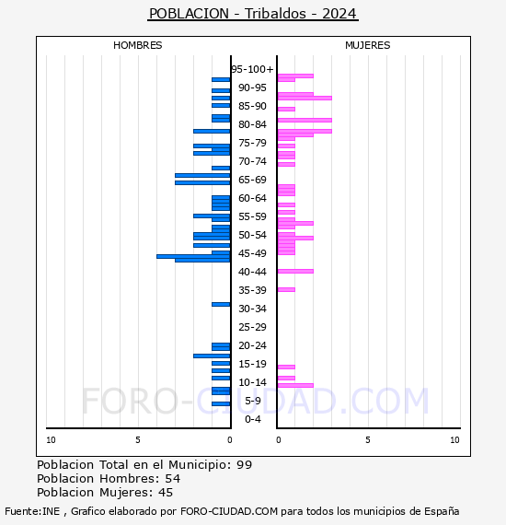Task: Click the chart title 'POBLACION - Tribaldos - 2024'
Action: tap(253, 14)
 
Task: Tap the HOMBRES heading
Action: tap(137, 45)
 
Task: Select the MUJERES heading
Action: tap(368, 45)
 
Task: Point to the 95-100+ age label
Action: tap(252, 69)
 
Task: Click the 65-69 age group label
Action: tap(252, 180)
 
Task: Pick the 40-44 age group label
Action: tap(252, 272)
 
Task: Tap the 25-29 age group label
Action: tap(252, 327)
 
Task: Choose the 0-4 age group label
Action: tap(252, 419)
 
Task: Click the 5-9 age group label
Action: tap(252, 401)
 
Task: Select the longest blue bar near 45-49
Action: tap(193, 257)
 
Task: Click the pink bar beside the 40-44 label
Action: tap(295, 271)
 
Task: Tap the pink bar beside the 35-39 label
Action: tap(286, 289)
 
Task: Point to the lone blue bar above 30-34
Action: tap(221, 304)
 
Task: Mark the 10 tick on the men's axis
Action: tap(51, 440)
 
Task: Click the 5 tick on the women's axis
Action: tap(368, 440)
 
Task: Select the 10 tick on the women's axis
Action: tap(454, 440)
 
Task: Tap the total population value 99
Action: tap(244, 465)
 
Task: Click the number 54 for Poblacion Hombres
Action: tap(173, 479)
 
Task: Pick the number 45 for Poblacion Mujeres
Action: tap(166, 493)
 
